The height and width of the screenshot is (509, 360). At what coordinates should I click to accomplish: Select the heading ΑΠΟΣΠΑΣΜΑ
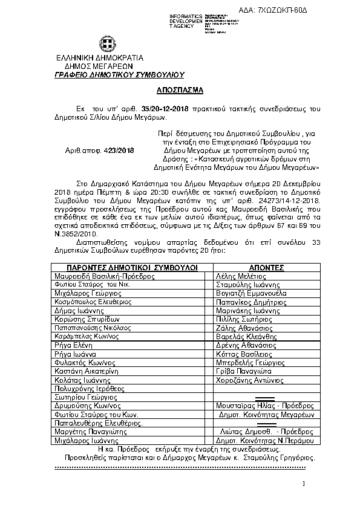coord(180,87)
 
